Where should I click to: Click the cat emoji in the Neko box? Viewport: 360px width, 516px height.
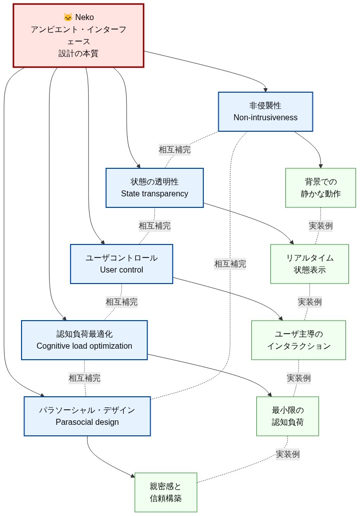coord(68,17)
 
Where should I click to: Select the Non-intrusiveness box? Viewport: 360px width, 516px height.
coord(265,112)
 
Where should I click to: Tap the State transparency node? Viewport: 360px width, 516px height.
coord(154,187)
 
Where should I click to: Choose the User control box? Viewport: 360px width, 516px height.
coord(121,264)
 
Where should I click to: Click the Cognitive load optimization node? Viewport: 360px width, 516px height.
coord(84,340)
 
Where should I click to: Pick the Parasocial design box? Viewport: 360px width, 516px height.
coord(87,416)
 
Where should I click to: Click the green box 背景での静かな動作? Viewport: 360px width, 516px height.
coord(320,187)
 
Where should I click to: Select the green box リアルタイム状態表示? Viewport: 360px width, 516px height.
coord(309,264)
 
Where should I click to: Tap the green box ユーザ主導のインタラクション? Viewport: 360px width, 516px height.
coord(298,340)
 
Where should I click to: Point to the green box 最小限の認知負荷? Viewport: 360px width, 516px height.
coord(287,416)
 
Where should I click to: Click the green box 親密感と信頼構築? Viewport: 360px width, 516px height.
coord(165,492)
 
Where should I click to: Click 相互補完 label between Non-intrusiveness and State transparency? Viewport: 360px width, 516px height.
coord(175,149)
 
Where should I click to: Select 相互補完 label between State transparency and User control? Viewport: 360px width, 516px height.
coord(154,225)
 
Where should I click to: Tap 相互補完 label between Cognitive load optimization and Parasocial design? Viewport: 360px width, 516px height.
coord(84,378)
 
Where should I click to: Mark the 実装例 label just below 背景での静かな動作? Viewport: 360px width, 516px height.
coord(320,225)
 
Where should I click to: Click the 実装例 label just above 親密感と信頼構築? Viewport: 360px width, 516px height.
coord(287,454)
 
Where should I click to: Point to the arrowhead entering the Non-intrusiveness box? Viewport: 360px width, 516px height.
coord(265,89)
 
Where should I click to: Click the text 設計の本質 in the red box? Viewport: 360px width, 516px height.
coord(78,53)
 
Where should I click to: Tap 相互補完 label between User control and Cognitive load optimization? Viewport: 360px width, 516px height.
coord(121,302)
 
